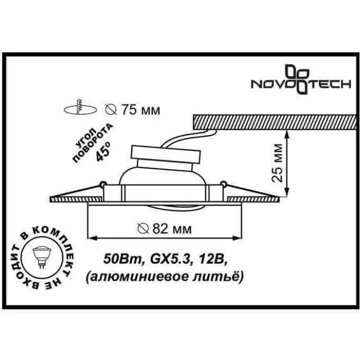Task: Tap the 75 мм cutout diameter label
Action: pos(140,110)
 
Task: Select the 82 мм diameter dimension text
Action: pos(172,228)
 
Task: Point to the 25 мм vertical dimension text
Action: pos(277,163)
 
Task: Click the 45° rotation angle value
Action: pos(103,152)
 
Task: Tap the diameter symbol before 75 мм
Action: pos(111,109)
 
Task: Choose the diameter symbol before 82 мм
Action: pos(142,228)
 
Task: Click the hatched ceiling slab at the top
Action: pos(275,122)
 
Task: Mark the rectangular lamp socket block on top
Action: pos(165,154)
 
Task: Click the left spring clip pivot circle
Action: pos(103,184)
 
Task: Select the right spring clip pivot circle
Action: pos(223,184)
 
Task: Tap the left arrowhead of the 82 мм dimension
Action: pos(92,238)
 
